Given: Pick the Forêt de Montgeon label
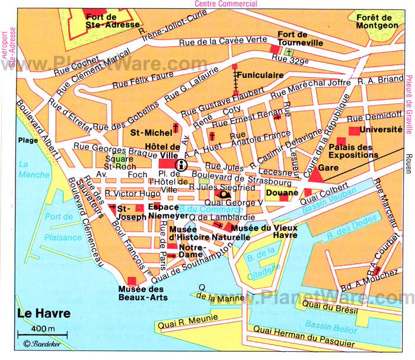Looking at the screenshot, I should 378,21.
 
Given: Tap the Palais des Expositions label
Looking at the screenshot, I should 353,151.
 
